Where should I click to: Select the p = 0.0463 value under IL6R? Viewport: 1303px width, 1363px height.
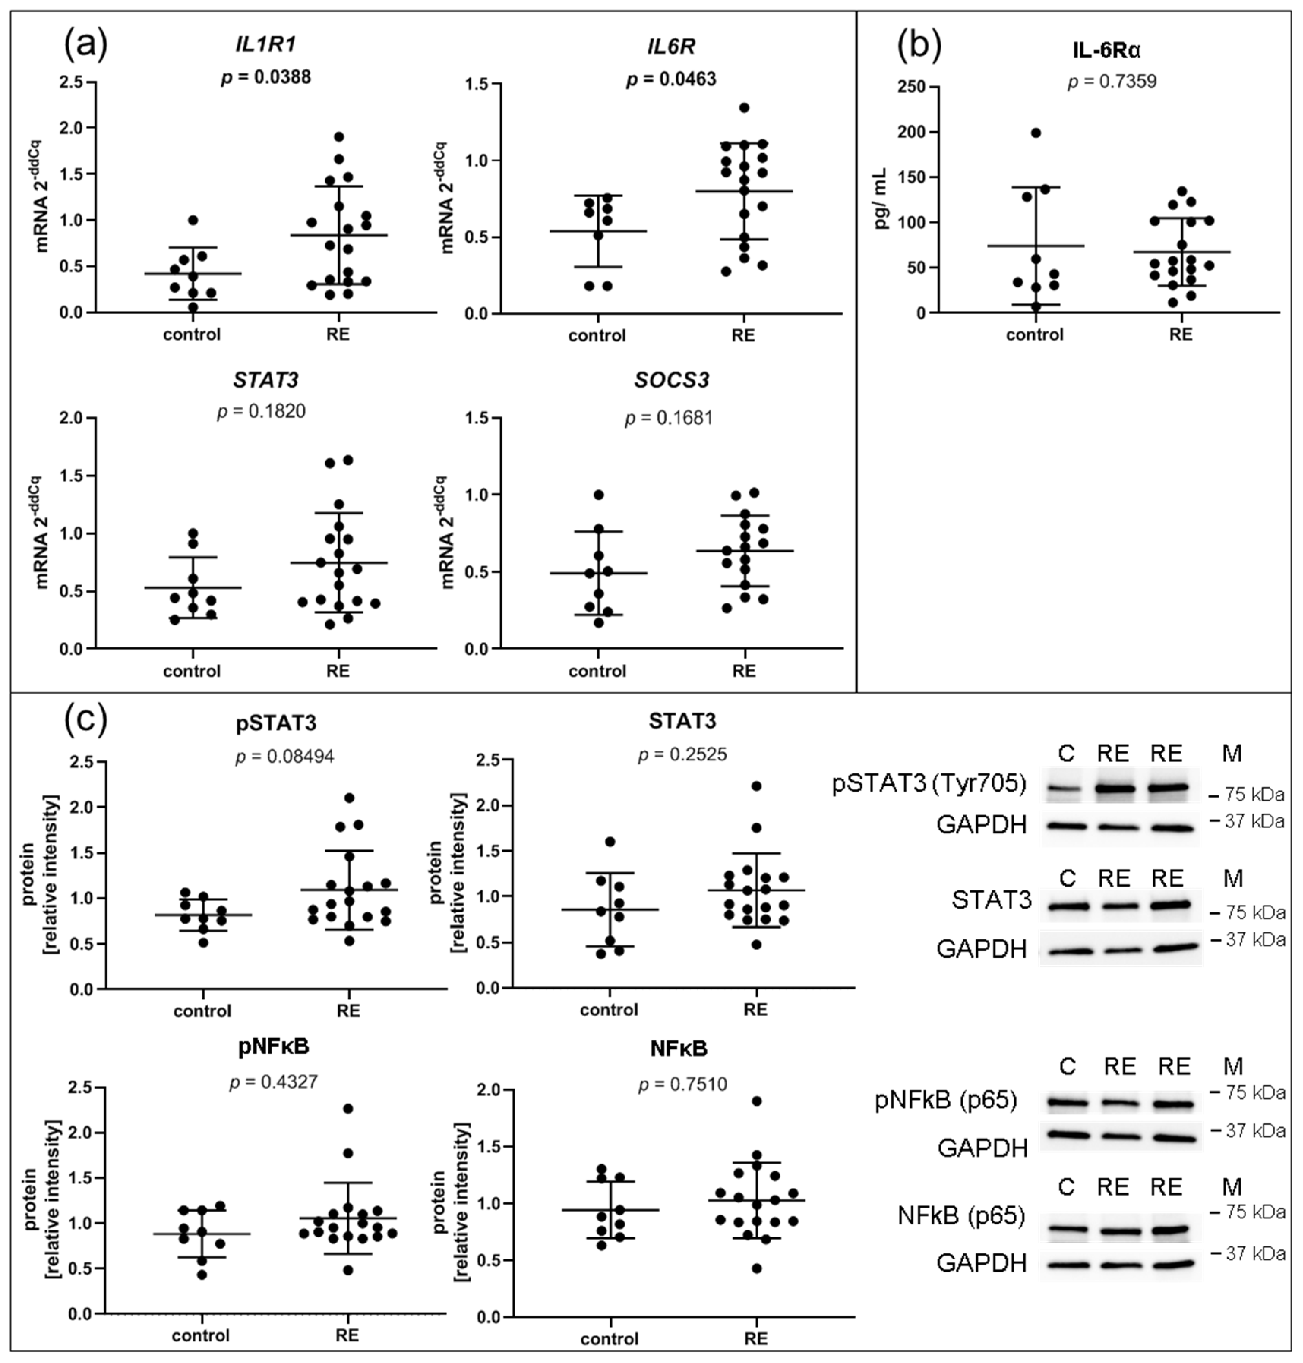tap(671, 79)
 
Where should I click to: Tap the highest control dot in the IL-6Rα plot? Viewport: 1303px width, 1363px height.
tap(1036, 133)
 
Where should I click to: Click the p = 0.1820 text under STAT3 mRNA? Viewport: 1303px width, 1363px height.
tap(261, 412)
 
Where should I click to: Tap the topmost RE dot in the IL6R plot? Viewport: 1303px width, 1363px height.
tap(744, 107)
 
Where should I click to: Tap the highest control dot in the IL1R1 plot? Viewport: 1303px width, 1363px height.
tap(193, 220)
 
